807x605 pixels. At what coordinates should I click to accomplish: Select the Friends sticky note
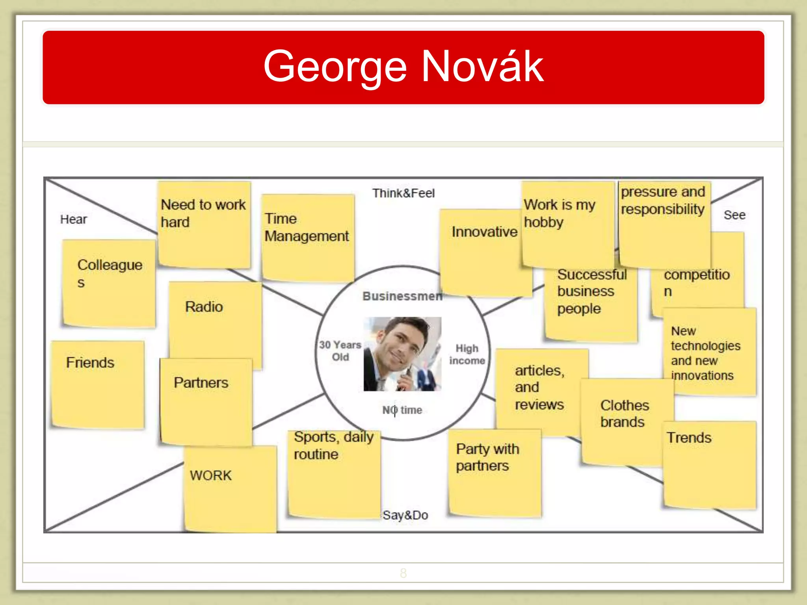click(x=98, y=384)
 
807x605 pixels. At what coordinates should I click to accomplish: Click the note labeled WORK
click(x=230, y=488)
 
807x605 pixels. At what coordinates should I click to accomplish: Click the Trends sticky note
click(x=710, y=465)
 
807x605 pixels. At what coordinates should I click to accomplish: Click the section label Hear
click(x=74, y=219)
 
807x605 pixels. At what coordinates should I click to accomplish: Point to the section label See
click(x=734, y=215)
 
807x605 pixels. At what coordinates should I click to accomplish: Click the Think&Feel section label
click(x=403, y=193)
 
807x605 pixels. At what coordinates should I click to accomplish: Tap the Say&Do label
click(x=405, y=515)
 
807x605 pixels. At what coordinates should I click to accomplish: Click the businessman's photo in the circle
click(x=402, y=354)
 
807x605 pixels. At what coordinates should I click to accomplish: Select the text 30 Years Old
click(x=340, y=351)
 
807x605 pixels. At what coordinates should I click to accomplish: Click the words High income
click(x=467, y=354)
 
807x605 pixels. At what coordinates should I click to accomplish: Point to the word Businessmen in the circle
click(x=402, y=296)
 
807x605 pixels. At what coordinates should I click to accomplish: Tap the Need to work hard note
click(x=204, y=225)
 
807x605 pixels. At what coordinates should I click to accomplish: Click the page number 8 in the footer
click(x=403, y=573)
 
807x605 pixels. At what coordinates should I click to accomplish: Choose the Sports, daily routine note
click(x=334, y=473)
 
